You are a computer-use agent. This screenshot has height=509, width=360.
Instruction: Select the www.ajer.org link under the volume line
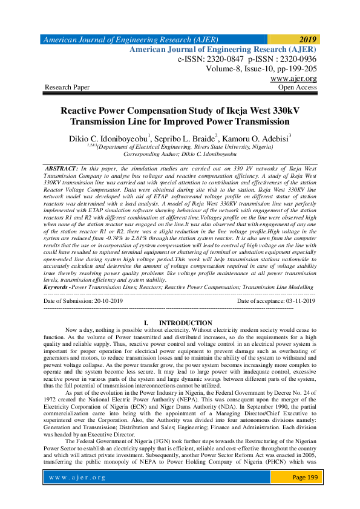tap(293, 79)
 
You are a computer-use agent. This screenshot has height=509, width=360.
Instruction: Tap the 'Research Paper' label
tap(67, 88)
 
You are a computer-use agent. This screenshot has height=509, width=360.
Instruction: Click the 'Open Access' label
tap(297, 88)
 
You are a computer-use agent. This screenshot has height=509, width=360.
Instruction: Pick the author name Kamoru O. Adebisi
tap(260, 139)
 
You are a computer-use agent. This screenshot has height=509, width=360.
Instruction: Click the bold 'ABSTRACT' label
tap(63, 167)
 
